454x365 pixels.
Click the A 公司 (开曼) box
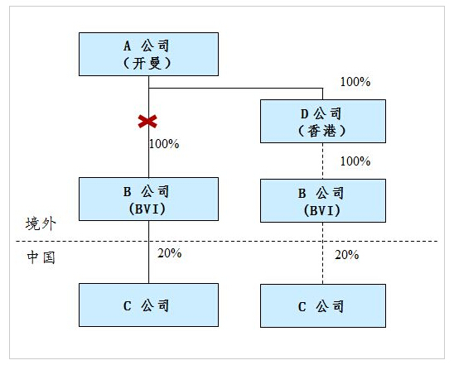pos(148,54)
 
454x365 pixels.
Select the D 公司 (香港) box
pos(323,121)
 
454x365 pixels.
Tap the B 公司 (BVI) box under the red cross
pos(148,199)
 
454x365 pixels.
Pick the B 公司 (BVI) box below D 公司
pos(323,201)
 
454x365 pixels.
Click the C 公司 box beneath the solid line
pos(148,305)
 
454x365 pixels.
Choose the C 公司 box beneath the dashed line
pos(323,305)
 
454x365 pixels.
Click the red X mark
pos(147,121)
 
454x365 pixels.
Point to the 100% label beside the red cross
pos(164,144)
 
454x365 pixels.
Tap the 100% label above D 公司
pos(355,82)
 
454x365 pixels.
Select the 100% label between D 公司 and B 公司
pos(355,161)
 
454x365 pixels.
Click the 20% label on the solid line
pos(170,253)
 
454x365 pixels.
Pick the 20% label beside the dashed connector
pos(347,255)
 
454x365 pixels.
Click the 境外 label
pos(41,223)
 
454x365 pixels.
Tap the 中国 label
pos(41,257)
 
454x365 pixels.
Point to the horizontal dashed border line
pos(227,241)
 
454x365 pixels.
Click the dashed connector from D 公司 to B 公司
pos(323,161)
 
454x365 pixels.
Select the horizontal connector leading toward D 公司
pos(235,88)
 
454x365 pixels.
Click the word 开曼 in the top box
pos(147,64)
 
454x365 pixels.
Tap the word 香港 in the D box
pos(321,131)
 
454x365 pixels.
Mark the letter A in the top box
pos(127,46)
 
